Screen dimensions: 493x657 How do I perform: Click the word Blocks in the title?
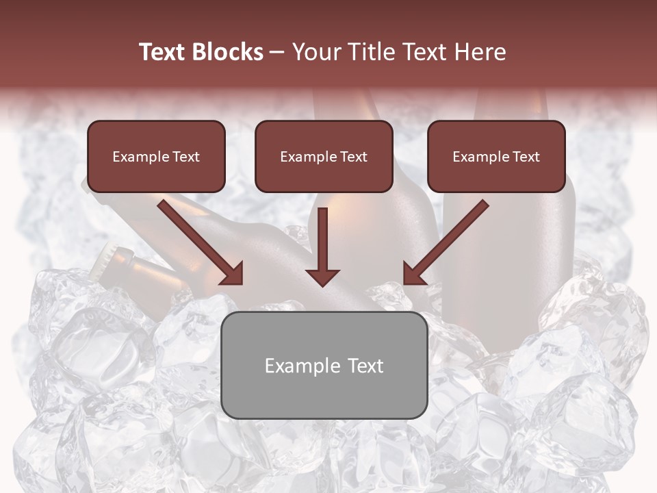(x=229, y=52)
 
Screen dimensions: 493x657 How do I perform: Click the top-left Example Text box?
(x=156, y=156)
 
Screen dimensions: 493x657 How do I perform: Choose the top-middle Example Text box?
(x=324, y=156)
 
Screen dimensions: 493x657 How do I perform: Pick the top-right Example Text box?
(x=496, y=156)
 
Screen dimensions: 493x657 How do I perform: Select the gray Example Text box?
(x=324, y=365)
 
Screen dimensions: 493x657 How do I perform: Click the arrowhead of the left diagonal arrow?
(x=233, y=274)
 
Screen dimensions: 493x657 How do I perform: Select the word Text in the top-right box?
(x=526, y=157)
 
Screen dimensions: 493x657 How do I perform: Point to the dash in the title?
(x=277, y=52)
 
